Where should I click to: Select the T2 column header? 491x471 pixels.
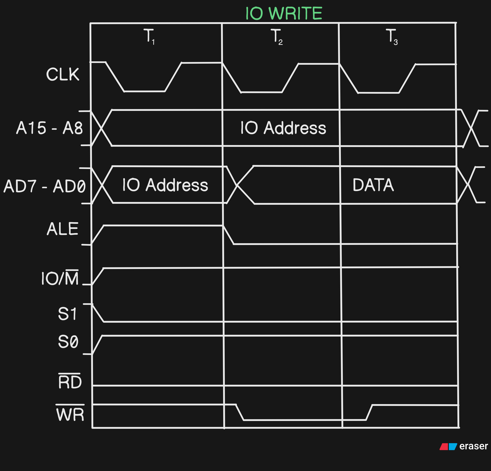click(x=277, y=37)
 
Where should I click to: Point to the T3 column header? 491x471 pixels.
click(x=392, y=37)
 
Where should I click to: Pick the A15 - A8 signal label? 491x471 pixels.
click(x=49, y=128)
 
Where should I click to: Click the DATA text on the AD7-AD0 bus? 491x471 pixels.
click(x=373, y=185)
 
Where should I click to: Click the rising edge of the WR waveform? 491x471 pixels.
click(x=369, y=412)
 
